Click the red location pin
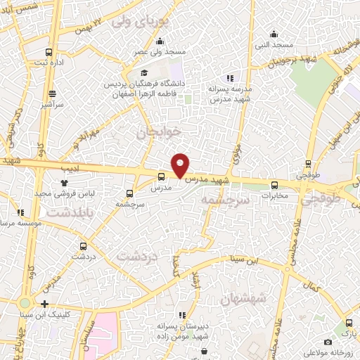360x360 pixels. click(181, 165)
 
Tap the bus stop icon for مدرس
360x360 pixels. click(162, 177)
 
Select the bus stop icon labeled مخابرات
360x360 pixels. click(275, 185)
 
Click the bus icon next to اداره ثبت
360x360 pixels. click(49, 53)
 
